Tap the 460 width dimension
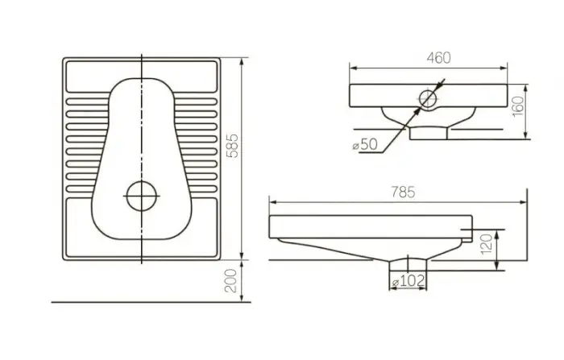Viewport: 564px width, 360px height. pos(438,57)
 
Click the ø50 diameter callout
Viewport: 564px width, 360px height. pos(365,143)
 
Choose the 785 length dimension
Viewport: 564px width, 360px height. pos(403,192)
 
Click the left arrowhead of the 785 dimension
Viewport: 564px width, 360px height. pos(273,201)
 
